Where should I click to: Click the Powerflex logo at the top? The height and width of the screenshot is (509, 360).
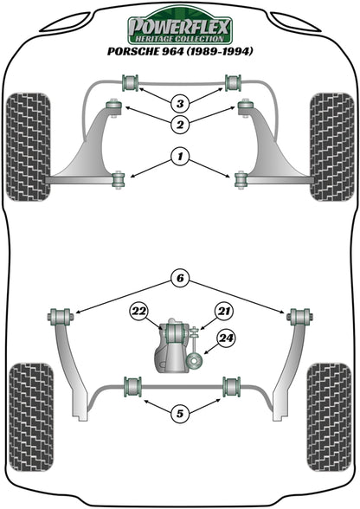tap(179, 29)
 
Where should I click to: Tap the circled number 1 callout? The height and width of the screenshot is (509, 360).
tap(179, 158)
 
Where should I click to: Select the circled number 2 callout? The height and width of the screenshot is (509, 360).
tap(179, 126)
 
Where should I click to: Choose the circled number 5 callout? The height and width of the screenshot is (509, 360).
tap(179, 414)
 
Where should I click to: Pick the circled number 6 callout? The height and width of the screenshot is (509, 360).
tap(179, 279)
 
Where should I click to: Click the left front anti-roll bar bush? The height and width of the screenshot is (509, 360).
tap(132, 82)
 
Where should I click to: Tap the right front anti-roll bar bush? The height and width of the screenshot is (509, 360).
tap(232, 82)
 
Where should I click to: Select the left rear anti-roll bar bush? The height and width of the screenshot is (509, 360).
tap(132, 384)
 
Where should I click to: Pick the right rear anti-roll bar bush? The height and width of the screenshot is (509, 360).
tap(231, 384)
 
